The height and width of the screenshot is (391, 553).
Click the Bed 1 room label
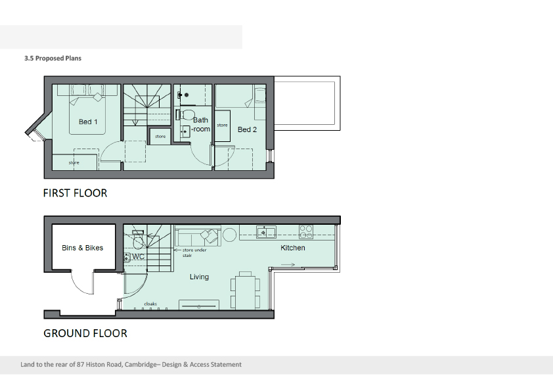[88, 122]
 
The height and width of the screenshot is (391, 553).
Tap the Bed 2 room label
[247, 129]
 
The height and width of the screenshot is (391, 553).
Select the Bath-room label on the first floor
[201, 125]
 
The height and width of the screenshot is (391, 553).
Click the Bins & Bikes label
[82, 248]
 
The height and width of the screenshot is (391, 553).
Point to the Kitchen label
[293, 248]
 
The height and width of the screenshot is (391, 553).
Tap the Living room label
[199, 277]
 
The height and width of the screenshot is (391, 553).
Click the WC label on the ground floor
[138, 256]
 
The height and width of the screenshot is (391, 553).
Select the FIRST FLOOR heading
[75, 193]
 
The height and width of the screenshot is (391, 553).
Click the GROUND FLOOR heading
[85, 333]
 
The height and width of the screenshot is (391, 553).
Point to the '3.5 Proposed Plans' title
[53, 58]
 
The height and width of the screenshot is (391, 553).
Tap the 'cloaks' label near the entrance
[150, 304]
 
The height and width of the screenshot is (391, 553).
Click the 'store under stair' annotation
[194, 252]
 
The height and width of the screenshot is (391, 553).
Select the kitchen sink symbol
[266, 232]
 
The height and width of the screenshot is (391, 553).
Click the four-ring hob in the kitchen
[306, 232]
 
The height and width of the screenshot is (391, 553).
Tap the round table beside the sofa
[230, 235]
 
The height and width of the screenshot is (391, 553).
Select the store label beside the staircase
[160, 136]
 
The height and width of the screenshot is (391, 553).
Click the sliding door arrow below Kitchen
[288, 265]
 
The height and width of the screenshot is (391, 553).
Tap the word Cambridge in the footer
[141, 365]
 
